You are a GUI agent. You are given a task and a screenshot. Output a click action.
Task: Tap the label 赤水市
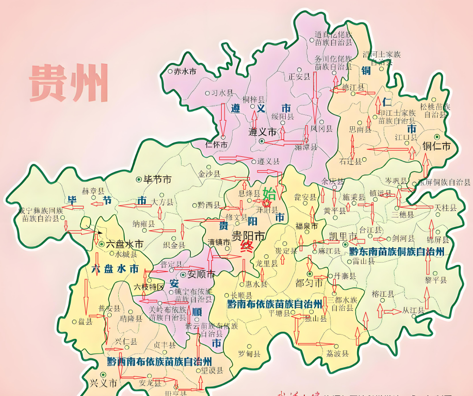(x=182, y=71)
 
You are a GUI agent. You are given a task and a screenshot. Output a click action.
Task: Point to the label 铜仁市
(x=436, y=146)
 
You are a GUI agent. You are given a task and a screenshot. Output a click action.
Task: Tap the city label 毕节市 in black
(x=157, y=180)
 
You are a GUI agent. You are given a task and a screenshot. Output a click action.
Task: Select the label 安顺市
(x=201, y=274)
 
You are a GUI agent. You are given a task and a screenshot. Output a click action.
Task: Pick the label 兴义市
(x=103, y=383)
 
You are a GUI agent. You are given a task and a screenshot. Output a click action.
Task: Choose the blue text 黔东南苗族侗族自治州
(x=397, y=251)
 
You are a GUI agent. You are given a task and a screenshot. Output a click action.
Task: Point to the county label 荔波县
(x=337, y=354)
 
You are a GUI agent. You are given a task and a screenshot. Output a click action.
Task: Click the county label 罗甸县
(x=249, y=354)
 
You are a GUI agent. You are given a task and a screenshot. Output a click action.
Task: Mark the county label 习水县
(x=222, y=93)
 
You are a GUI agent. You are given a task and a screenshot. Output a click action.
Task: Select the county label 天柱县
(x=445, y=208)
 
